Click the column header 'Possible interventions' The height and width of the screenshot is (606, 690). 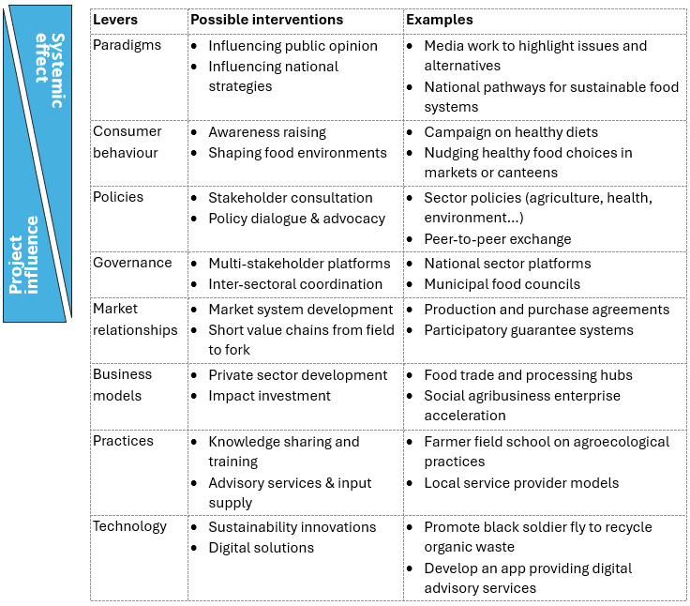click(x=266, y=20)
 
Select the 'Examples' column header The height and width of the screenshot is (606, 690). click(x=440, y=20)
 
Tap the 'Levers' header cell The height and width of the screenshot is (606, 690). click(x=115, y=20)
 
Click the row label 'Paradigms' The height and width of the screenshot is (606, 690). click(x=127, y=45)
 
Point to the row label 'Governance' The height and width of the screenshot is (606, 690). click(x=132, y=263)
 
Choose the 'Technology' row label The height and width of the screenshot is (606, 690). click(x=129, y=526)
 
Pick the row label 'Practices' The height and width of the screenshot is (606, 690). click(x=123, y=440)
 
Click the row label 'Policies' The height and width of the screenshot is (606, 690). click(x=118, y=197)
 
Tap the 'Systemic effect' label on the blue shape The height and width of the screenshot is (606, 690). click(x=51, y=70)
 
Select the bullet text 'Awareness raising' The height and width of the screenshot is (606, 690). click(x=267, y=132)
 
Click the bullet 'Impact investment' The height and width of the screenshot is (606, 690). click(x=269, y=396)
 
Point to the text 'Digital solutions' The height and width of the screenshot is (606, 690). click(x=261, y=548)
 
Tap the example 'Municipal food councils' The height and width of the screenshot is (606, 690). click(x=502, y=284)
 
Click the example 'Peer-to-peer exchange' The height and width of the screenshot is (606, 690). click(x=497, y=239)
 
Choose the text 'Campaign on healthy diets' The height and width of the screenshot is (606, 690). click(x=511, y=132)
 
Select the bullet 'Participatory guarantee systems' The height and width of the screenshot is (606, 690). click(x=529, y=330)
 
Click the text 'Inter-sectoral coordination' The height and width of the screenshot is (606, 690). click(x=295, y=284)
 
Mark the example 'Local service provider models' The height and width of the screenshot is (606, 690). click(x=521, y=483)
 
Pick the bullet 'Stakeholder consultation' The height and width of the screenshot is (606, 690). click(x=290, y=198)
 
